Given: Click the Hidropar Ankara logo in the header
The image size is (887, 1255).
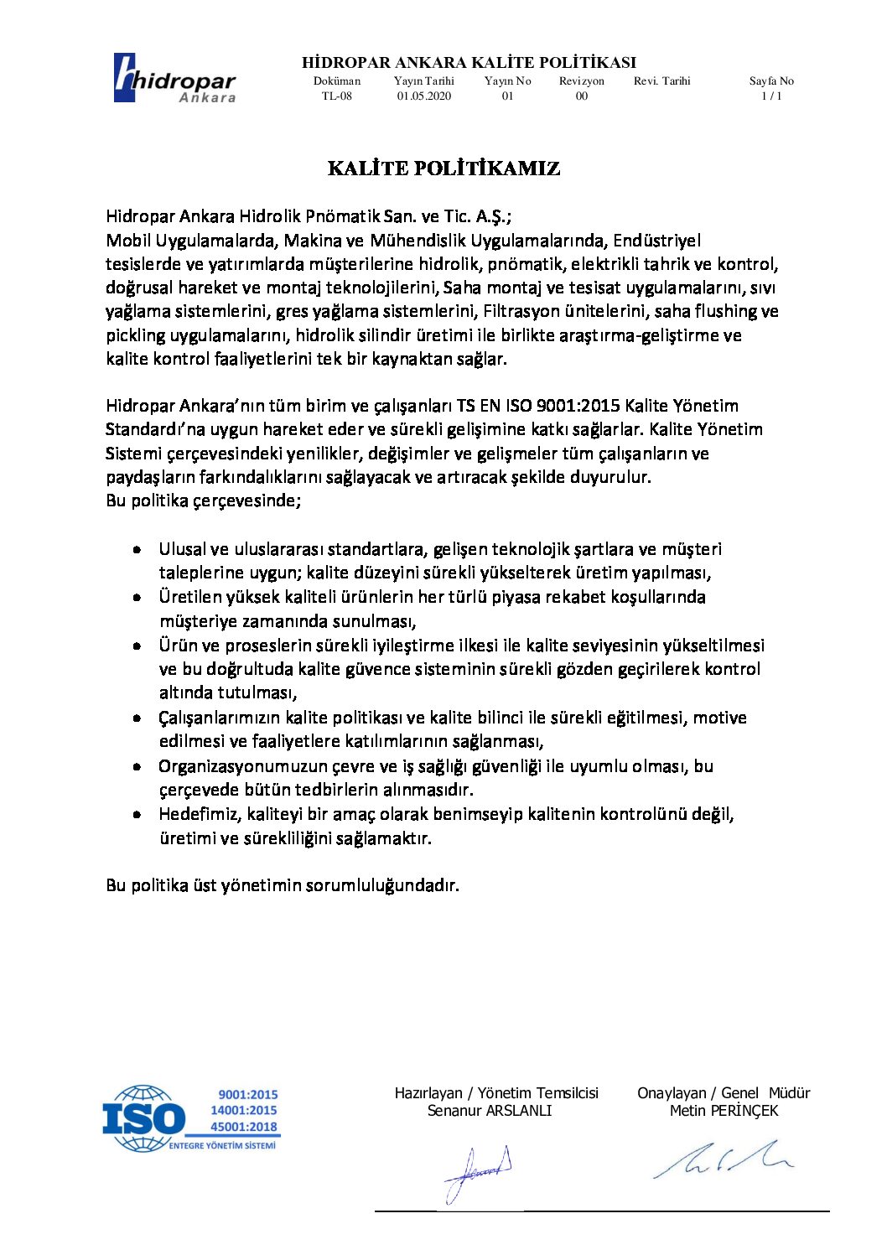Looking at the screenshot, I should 174,78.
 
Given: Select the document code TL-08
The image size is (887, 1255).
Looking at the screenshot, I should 337,96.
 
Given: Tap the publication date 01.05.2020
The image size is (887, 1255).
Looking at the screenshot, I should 424,96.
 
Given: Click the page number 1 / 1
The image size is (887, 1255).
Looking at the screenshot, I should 771,96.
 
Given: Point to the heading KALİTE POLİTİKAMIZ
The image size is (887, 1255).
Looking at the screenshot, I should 443,169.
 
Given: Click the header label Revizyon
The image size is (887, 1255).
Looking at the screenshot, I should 582,81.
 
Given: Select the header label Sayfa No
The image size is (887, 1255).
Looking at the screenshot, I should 771,81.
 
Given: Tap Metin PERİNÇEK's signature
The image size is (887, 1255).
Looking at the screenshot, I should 723,1159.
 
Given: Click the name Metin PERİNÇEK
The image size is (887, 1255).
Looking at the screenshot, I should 724,1111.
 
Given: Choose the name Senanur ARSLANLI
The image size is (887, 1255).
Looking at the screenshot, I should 490,1111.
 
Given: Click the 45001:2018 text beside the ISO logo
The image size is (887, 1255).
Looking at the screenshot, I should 243,1127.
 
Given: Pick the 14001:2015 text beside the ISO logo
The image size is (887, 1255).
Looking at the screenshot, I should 243,1111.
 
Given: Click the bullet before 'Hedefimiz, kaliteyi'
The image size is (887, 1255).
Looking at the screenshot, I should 137,814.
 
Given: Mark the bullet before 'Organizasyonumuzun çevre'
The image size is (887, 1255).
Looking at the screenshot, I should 137,766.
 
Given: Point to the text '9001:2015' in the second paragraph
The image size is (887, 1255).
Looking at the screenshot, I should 578,406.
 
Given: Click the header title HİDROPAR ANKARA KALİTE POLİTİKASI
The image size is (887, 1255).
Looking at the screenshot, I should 469,63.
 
